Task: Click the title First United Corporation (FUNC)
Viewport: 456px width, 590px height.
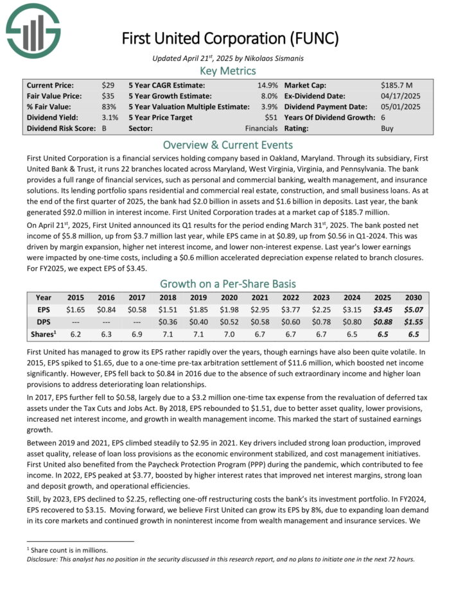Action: [x=230, y=39]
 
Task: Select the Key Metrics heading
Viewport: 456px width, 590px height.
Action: [x=228, y=71]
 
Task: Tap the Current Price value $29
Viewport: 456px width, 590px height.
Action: [x=108, y=85]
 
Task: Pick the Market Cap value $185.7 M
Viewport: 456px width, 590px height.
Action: [x=399, y=85]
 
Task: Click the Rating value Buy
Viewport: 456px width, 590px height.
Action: [x=387, y=128]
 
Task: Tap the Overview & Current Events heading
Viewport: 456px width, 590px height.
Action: [x=228, y=144]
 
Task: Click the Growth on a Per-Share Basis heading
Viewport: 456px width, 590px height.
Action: [x=228, y=283]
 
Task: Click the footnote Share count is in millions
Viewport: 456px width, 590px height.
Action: [x=68, y=550]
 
